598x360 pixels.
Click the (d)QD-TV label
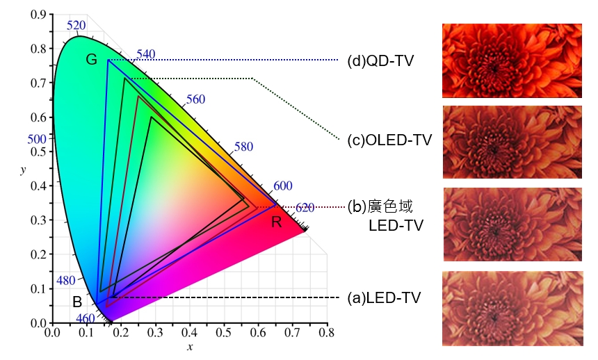[x=380, y=61]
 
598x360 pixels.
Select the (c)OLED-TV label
[x=389, y=140]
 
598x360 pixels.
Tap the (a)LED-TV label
[x=385, y=298]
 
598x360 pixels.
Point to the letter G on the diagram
[x=91, y=60]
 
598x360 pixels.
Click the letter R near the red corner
[x=276, y=222]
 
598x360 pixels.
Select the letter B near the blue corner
[x=78, y=302]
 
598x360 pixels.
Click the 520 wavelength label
[x=76, y=26]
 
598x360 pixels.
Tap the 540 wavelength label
[x=146, y=54]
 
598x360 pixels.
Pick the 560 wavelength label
[x=196, y=99]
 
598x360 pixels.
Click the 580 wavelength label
[x=243, y=147]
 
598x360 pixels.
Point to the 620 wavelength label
[x=305, y=207]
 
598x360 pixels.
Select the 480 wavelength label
[x=65, y=281]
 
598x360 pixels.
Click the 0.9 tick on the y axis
[x=38, y=15]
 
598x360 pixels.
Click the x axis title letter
[x=188, y=346]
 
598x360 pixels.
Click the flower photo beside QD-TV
[x=512, y=60]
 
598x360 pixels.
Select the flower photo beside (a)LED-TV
[x=512, y=308]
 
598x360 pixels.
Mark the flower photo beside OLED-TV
[x=512, y=142]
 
